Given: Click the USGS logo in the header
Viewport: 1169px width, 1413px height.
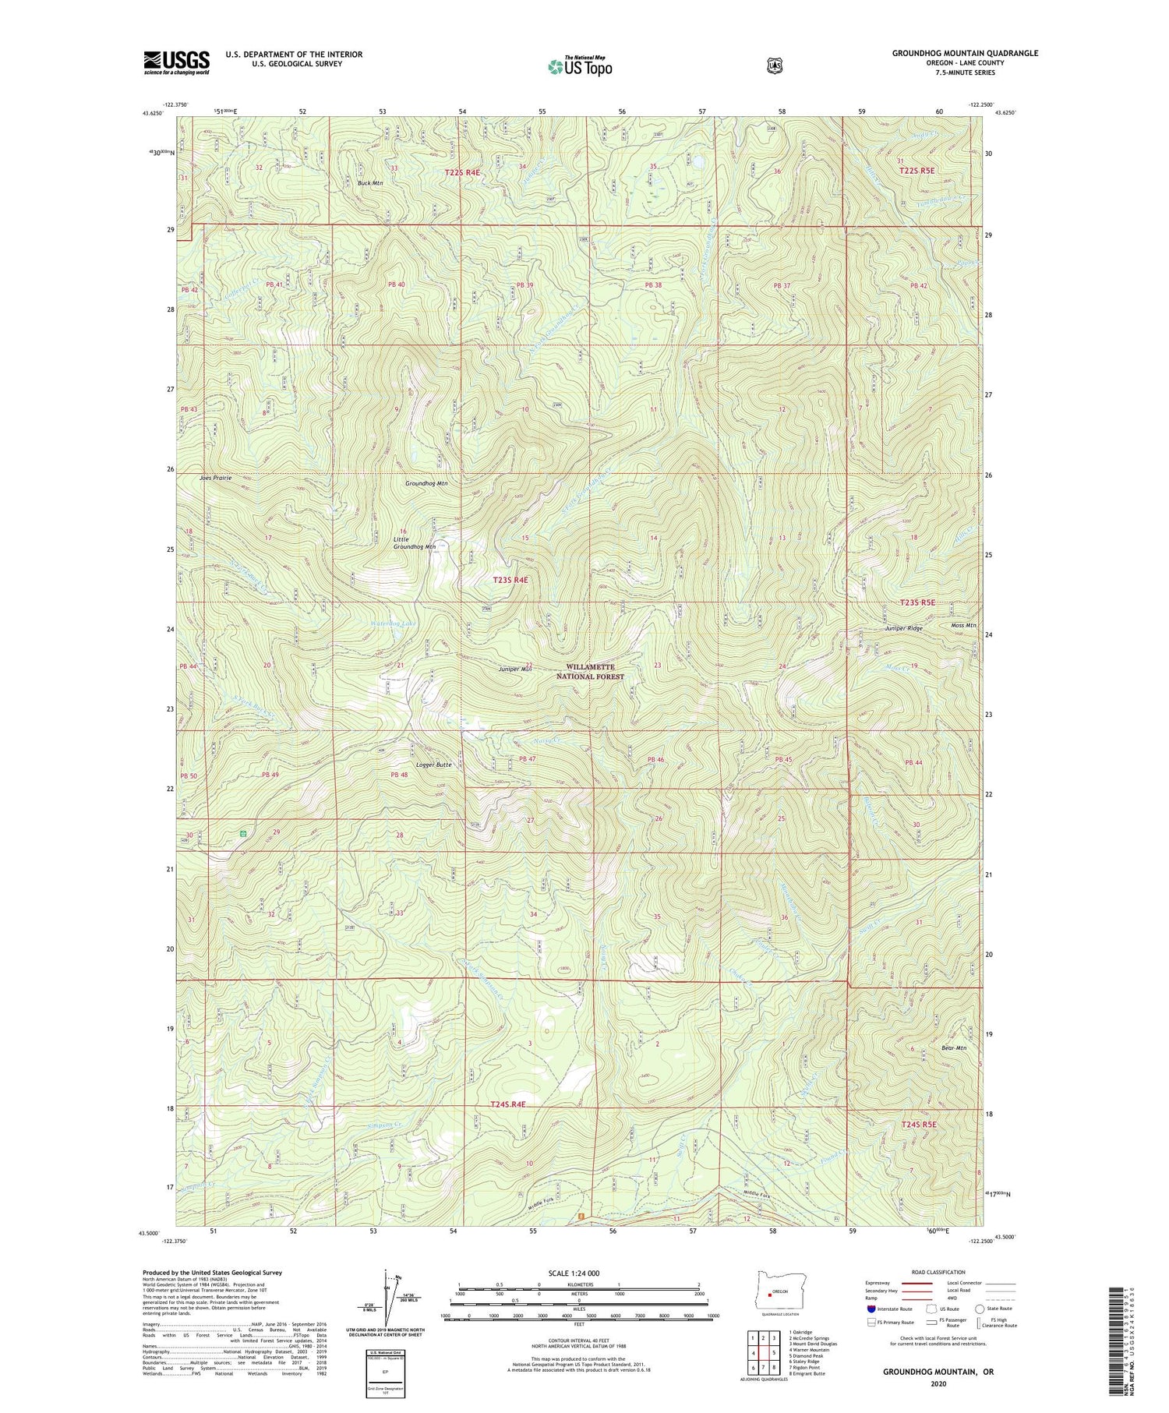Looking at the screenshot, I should pos(176,62).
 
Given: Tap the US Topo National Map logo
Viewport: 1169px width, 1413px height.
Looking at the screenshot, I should pos(580,65).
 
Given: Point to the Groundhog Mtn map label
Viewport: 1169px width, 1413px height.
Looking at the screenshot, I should pos(426,484).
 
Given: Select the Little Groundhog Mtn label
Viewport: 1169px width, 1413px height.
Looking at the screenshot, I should pos(413,543).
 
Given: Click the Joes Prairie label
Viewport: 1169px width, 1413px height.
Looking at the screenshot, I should pos(215,478).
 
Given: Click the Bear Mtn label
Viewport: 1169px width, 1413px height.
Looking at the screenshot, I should pos(954,1048).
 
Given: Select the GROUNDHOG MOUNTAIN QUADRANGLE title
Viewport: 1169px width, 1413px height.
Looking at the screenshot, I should pos(965,53).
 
